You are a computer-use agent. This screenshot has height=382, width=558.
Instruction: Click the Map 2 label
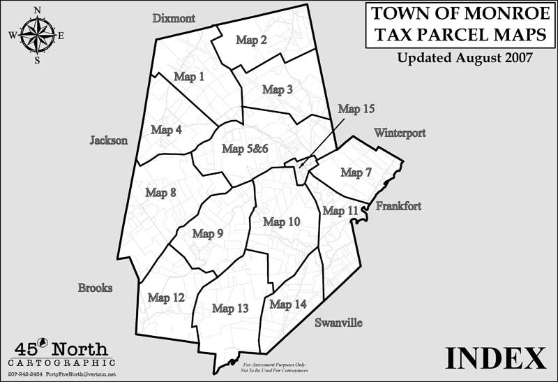251,41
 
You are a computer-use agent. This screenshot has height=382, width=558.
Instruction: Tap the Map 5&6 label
245,149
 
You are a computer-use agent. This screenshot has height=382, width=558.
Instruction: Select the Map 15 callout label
356,109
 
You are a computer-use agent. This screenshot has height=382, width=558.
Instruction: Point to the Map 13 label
230,309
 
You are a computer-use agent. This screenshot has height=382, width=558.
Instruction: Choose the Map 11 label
340,211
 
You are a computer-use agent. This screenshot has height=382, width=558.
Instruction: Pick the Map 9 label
207,234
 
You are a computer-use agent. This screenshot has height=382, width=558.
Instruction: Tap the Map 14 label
288,304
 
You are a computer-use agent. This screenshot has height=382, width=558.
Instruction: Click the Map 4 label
166,130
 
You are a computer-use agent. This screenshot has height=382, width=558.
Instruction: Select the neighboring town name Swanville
338,323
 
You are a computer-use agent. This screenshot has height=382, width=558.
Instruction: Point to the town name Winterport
399,133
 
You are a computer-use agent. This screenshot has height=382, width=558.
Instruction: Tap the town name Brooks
96,288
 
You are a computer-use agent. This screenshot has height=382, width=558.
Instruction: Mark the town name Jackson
109,140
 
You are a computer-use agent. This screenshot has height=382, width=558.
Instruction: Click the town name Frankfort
398,206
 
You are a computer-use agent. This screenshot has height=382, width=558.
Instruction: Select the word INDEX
495,358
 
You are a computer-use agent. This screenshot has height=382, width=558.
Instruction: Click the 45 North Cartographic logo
61,353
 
